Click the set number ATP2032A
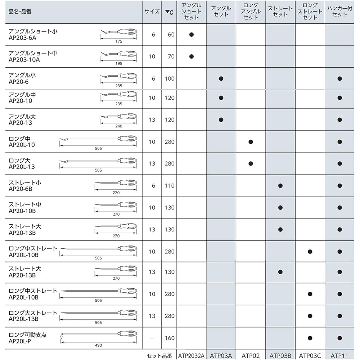click(191, 356)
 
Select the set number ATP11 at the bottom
click(339, 356)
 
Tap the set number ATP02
click(251, 356)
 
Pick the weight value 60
click(171, 35)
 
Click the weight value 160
click(169, 338)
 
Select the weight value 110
click(169, 186)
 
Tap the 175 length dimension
click(119, 41)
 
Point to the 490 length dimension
click(98, 345)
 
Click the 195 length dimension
click(119, 63)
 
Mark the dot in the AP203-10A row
click(192, 56)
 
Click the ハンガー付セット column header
click(339, 11)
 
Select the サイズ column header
click(152, 12)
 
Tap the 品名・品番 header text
click(20, 12)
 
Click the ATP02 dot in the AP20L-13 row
click(251, 164)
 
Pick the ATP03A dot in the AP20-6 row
click(221, 78)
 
